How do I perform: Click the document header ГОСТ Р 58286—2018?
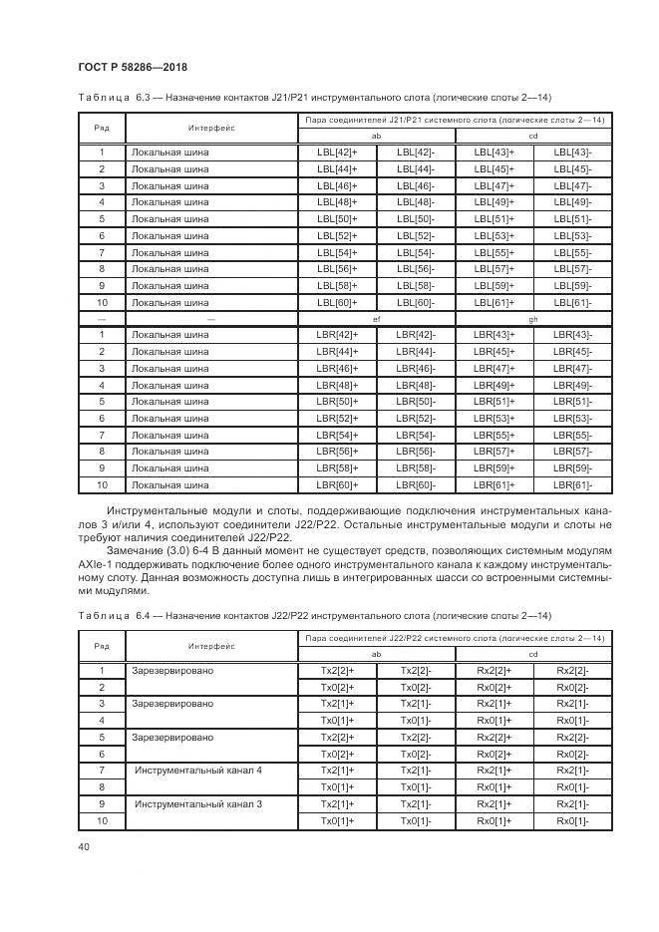pyautogui.click(x=133, y=67)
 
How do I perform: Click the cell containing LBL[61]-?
pyautogui.click(x=572, y=302)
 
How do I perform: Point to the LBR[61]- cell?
pyautogui.click(x=572, y=485)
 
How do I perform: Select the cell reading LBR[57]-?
pyautogui.click(x=572, y=452)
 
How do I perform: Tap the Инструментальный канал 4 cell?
pyautogui.click(x=185, y=771)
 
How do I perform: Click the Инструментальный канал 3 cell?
pyautogui.click(x=185, y=803)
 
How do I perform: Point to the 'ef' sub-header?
pyautogui.click(x=376, y=318)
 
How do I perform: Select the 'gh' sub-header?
pyautogui.click(x=533, y=318)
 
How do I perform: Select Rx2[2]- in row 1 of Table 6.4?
pyautogui.click(x=572, y=670)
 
